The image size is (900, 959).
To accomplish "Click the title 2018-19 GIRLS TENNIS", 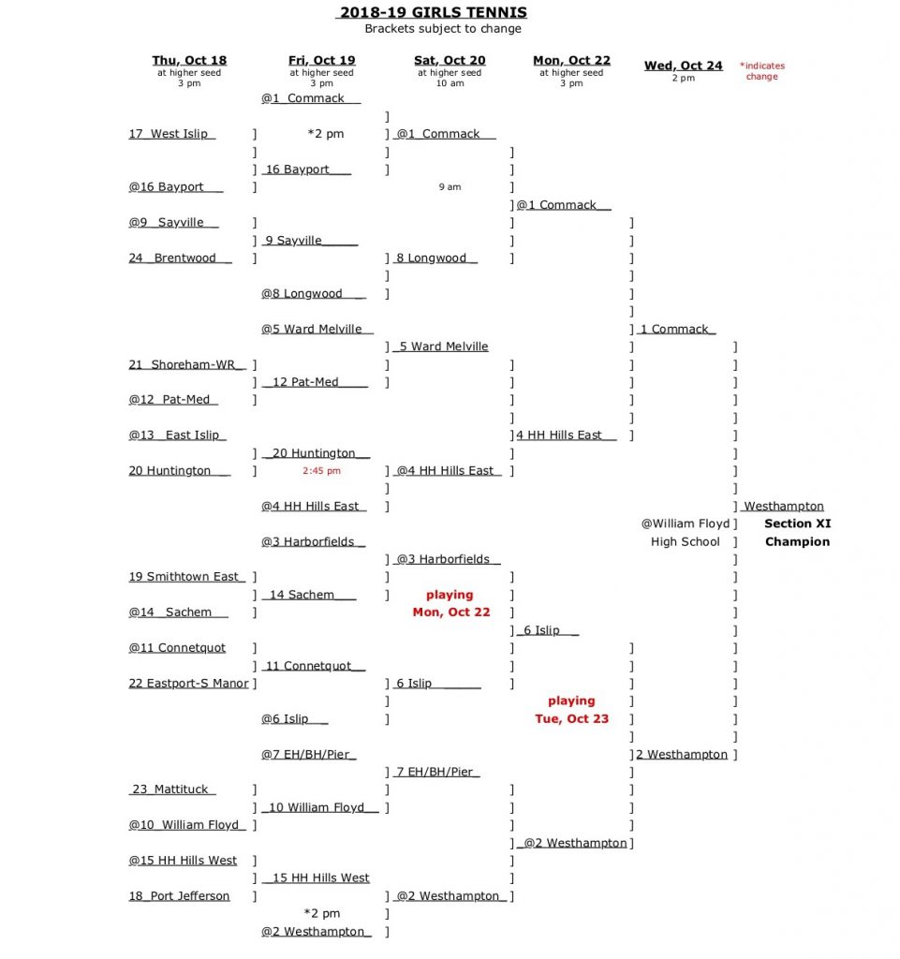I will [x=432, y=12].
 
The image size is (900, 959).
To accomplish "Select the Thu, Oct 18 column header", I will [x=189, y=61].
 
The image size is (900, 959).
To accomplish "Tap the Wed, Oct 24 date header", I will [x=683, y=66].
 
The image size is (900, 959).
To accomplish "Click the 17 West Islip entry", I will [x=172, y=134].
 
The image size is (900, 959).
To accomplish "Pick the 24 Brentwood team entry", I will [x=180, y=258].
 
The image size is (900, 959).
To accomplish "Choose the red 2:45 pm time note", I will [x=321, y=471].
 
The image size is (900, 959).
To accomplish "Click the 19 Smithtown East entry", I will [x=187, y=577].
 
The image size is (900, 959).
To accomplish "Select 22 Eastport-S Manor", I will [x=188, y=684].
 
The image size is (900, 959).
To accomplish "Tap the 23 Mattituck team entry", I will [x=172, y=789].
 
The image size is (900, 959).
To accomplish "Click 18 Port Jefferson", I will [x=179, y=896].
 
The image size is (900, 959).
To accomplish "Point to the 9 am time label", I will [x=450, y=187].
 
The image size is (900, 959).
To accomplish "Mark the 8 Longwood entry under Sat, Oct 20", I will [x=436, y=258].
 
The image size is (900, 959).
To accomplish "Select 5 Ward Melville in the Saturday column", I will [x=442, y=347].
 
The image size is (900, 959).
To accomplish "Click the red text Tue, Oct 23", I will [x=571, y=719].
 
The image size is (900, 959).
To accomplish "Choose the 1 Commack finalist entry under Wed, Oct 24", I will [x=676, y=330].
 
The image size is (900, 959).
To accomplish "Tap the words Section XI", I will [x=797, y=524].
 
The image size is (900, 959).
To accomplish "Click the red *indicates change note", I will [x=762, y=71].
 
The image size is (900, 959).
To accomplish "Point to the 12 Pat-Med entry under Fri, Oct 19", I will [x=315, y=382].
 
